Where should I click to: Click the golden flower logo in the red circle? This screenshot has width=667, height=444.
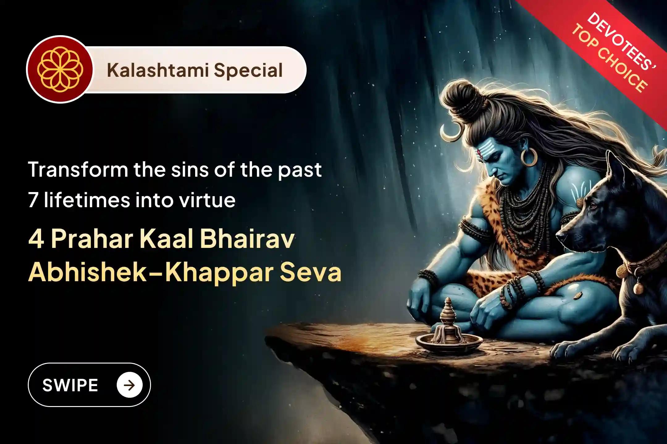tap(60, 69)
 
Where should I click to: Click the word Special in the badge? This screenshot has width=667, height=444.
tap(248, 70)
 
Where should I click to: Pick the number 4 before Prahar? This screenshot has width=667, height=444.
tap(36, 240)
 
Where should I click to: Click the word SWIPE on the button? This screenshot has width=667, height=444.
tap(70, 385)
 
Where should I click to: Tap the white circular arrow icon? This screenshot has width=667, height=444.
tap(129, 385)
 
